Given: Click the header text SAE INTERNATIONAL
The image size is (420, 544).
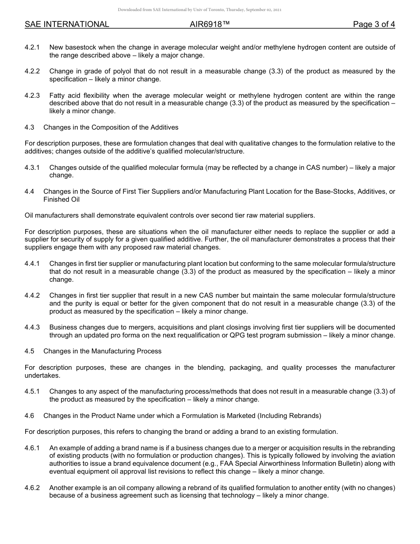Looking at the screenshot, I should (x=67, y=24).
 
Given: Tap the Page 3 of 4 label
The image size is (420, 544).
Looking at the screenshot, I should (x=374, y=24).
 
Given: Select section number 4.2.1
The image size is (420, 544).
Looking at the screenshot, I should (x=32, y=47).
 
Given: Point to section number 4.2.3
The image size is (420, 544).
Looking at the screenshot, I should (x=32, y=96).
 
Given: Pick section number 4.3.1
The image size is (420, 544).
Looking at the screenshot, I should (x=32, y=168).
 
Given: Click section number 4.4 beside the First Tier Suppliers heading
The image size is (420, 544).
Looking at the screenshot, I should (x=30, y=192).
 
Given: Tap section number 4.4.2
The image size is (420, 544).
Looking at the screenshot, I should (x=32, y=295).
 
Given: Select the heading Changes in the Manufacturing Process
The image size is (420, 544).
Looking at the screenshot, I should (x=103, y=351).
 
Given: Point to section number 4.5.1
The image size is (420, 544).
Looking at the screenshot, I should (x=32, y=391).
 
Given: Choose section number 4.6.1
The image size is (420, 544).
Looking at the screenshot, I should (x=32, y=448).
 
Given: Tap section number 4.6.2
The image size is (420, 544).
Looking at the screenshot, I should (x=32, y=488).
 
